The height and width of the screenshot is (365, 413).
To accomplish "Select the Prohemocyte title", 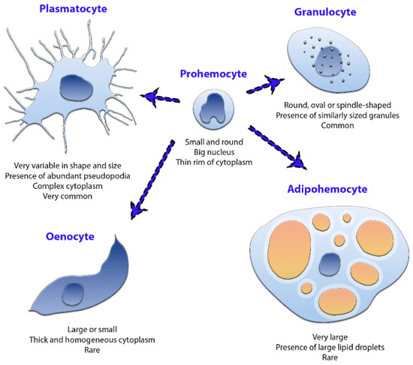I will [x=210, y=73].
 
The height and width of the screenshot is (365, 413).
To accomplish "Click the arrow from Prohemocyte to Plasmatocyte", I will [x=165, y=94].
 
